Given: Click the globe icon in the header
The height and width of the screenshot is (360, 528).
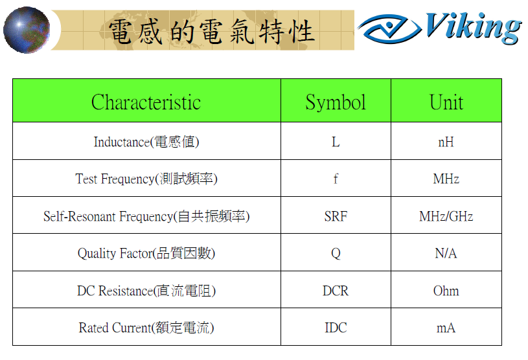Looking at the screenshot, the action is click(27, 30).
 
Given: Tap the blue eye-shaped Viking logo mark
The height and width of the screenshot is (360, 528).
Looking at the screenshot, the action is click(389, 28).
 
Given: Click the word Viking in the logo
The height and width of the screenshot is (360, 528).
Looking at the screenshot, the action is click(473, 28).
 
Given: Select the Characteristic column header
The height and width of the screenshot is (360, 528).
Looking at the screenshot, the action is click(146, 102).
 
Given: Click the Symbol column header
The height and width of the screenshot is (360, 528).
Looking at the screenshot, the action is click(336, 102).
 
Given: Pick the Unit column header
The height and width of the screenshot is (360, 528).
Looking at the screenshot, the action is click(446, 102).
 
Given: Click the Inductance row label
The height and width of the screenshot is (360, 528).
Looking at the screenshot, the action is click(146, 142).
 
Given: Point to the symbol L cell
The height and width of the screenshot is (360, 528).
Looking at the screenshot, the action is click(336, 142).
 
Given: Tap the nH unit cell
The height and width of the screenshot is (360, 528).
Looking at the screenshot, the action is click(446, 142).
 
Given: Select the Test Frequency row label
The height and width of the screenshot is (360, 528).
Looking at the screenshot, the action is click(146, 179).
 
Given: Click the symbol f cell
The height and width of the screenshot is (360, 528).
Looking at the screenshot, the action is click(336, 179).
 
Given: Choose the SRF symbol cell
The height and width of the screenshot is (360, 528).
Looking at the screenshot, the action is click(336, 216).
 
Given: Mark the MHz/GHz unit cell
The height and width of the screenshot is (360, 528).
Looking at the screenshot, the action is click(446, 216).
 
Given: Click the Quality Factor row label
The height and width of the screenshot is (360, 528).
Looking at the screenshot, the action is click(146, 253).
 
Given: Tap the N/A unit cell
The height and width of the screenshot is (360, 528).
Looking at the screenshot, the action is click(446, 253).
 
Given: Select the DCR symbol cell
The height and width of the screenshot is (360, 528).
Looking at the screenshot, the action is click(336, 291).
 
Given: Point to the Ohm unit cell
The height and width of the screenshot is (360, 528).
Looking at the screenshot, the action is click(446, 291).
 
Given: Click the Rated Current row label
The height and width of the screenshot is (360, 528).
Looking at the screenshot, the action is click(146, 328).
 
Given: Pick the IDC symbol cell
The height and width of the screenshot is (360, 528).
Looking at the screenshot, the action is click(336, 328).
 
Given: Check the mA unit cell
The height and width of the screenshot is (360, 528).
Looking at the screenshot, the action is click(446, 328).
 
